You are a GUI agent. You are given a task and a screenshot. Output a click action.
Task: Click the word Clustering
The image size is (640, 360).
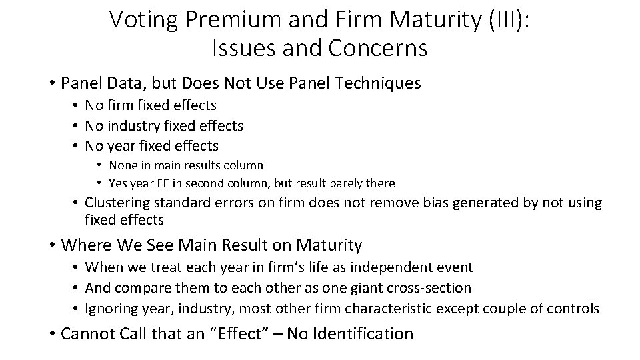(x=118, y=203)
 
